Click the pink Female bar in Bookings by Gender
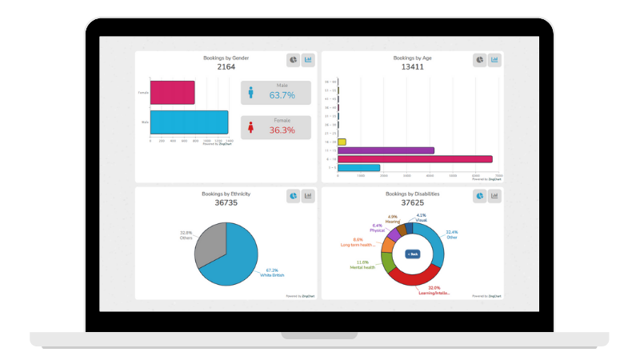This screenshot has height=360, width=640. [x=172, y=92]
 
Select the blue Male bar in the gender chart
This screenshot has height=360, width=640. [x=189, y=122]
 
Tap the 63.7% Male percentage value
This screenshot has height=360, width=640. [x=282, y=95]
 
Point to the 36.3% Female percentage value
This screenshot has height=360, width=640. [x=282, y=130]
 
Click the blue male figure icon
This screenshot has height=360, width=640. [x=250, y=93]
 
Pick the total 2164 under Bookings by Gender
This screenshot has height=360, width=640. [x=226, y=67]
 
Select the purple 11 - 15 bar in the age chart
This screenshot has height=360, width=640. [x=386, y=150]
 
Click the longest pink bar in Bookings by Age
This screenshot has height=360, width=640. [x=414, y=159]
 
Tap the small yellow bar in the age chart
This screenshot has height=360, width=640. [x=342, y=142]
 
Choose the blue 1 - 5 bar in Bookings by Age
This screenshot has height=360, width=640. [x=358, y=168]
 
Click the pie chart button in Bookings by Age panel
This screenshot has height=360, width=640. [x=479, y=60]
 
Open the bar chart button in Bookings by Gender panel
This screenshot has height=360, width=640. [x=308, y=60]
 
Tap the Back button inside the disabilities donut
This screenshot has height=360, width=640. [x=413, y=254]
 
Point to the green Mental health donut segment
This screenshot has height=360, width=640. [x=387, y=262]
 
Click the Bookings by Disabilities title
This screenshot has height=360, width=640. [x=412, y=194]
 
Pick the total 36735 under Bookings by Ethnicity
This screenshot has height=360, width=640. [x=226, y=203]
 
